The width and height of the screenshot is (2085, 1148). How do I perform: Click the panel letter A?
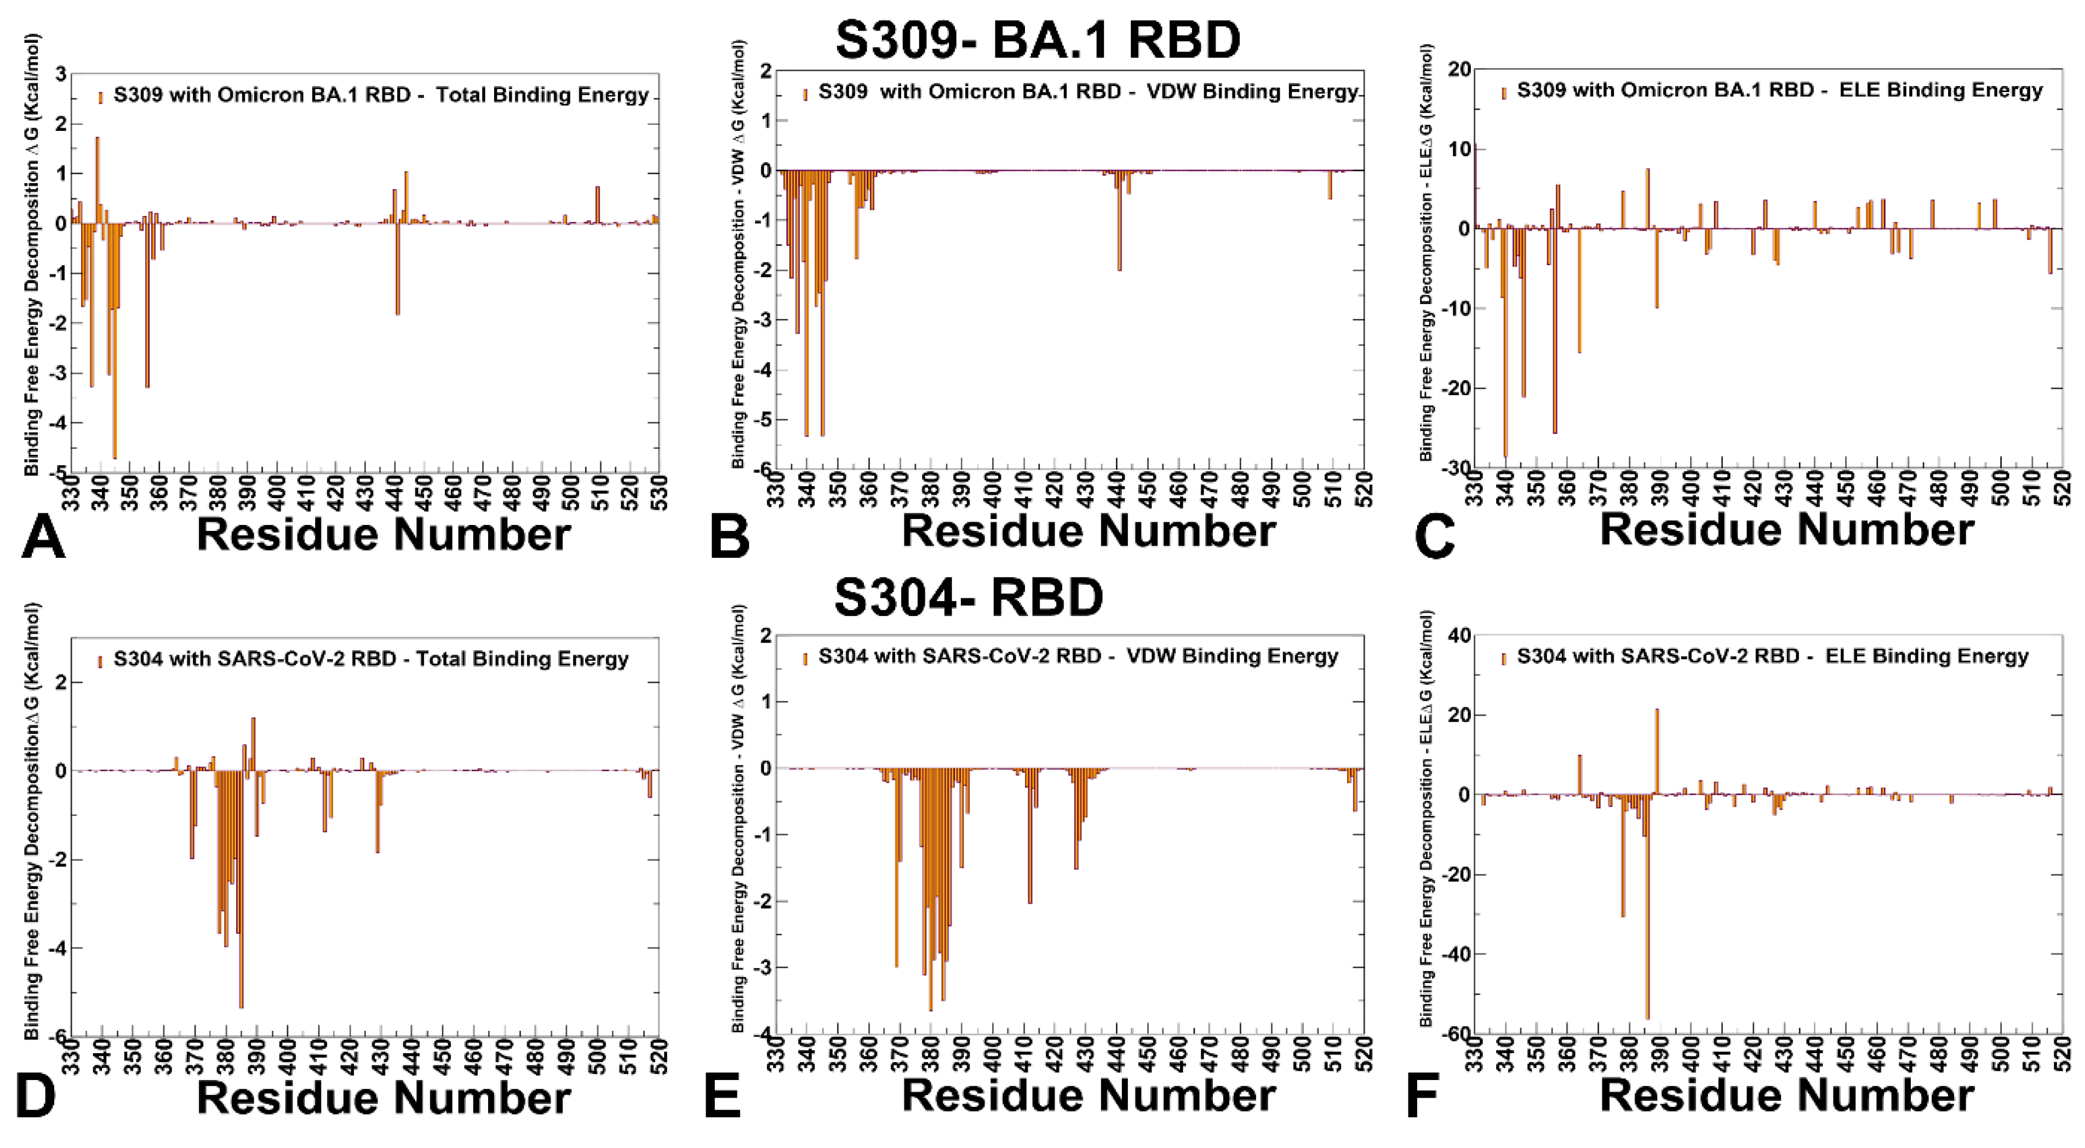pos(42,538)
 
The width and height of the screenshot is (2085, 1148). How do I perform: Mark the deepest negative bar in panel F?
pos(1647,907)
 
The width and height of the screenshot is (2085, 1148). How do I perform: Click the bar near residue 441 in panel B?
pos(1119,220)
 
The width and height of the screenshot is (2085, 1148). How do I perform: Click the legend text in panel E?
pos(1078,656)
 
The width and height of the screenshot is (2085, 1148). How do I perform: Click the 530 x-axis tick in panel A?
pos(657,490)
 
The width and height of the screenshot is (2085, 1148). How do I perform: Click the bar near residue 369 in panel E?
pos(896,867)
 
